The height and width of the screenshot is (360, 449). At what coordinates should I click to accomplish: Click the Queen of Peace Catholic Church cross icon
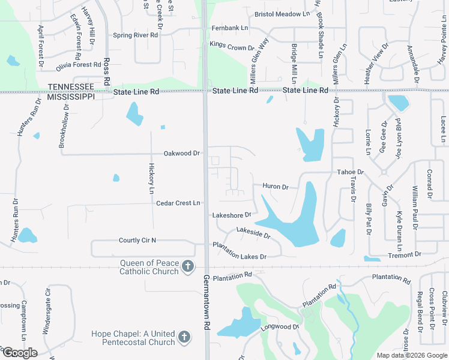(188, 266)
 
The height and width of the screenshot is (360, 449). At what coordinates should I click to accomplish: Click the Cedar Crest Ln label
(178, 203)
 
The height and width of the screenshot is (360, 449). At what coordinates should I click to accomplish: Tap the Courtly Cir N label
(137, 241)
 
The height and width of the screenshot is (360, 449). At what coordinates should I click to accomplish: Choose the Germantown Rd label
(206, 298)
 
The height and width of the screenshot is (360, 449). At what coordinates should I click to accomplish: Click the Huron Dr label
(276, 187)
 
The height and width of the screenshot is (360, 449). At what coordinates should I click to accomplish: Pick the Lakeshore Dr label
(231, 215)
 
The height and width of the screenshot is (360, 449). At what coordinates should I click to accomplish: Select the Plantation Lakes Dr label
(239, 256)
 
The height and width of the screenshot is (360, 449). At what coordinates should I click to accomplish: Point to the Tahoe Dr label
(351, 172)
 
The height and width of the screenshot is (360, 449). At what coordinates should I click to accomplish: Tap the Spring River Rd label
(135, 35)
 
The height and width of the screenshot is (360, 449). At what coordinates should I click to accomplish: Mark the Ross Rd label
(107, 71)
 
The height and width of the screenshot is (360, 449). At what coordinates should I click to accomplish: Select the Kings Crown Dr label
(232, 46)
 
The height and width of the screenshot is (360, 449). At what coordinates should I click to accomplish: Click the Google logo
(20, 353)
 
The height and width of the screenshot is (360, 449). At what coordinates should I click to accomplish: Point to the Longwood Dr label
(280, 327)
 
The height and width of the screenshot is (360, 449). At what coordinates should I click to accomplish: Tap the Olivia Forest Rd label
(79, 65)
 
